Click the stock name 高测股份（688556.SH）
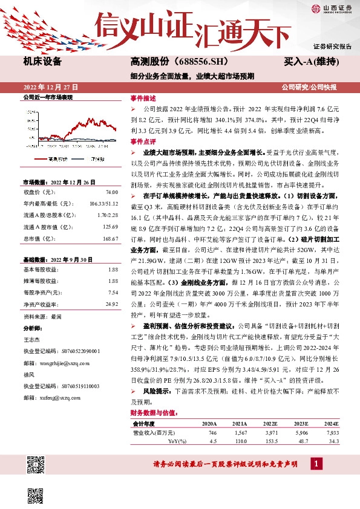click(171, 62)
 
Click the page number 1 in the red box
click(315, 464)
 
